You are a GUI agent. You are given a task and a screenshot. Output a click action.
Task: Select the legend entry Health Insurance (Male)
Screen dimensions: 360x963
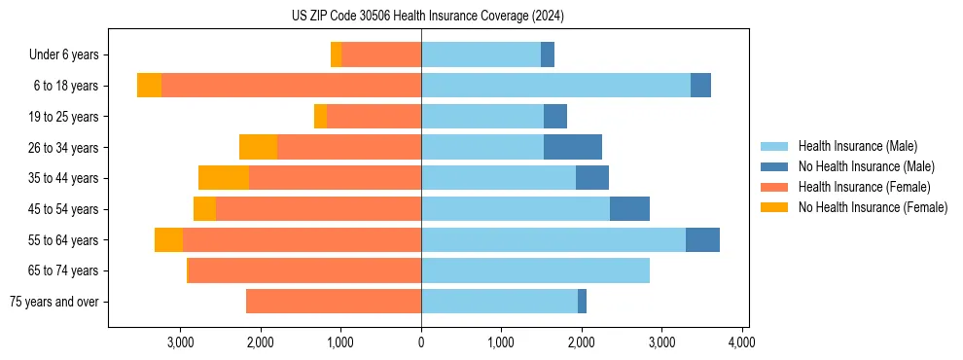[857, 146]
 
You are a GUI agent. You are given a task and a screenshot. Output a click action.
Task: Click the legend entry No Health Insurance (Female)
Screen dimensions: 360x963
[873, 207]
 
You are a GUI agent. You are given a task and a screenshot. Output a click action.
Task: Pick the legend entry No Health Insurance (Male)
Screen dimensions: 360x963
[866, 166]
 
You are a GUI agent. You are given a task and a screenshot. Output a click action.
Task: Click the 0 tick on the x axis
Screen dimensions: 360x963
[421, 342]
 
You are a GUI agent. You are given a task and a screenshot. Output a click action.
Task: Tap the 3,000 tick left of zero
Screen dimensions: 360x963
[181, 342]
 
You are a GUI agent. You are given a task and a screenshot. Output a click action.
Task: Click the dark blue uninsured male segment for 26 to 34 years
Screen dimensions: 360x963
[572, 147]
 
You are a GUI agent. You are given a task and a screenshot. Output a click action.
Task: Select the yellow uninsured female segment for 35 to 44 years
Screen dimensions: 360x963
[224, 178]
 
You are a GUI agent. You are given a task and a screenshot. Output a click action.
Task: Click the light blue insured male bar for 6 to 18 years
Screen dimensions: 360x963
[555, 86]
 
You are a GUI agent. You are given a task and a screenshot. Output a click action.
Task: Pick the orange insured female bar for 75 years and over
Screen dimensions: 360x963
[334, 302]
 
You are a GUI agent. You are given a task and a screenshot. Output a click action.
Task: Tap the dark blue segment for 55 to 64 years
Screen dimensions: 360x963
[702, 239]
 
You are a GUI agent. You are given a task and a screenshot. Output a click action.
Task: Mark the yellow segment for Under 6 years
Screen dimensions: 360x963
[336, 55]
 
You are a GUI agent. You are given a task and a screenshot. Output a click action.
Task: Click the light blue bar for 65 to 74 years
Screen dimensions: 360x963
[535, 270]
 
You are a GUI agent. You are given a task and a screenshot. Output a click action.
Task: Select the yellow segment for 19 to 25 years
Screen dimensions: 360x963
[320, 117]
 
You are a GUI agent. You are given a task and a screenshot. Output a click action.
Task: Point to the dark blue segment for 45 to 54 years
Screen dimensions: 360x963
[629, 209]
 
